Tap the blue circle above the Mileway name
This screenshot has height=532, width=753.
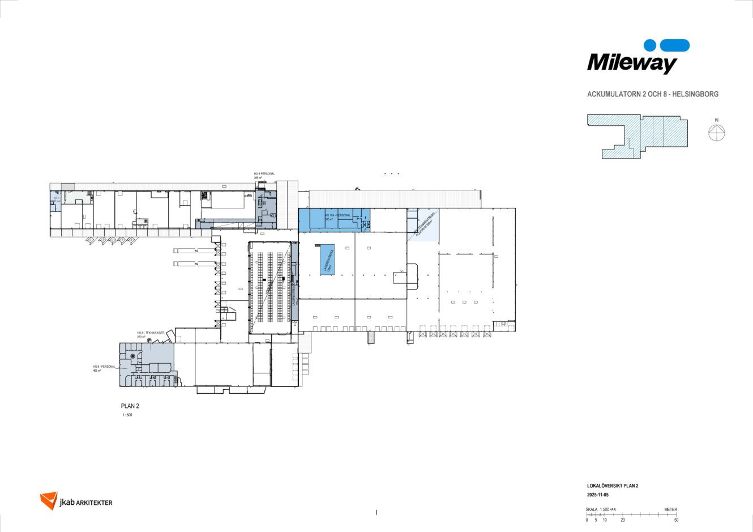(x=650, y=45)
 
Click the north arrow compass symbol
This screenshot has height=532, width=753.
(x=716, y=133)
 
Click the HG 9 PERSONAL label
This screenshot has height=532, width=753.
(x=264, y=173)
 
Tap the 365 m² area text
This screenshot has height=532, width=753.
(x=258, y=178)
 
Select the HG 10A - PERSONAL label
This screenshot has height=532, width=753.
(x=339, y=216)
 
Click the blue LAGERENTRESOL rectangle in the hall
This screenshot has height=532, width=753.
(x=327, y=261)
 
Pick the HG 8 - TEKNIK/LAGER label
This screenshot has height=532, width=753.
(x=151, y=333)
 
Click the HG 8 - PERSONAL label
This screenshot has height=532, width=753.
(x=104, y=367)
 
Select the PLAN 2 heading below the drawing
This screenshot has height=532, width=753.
(x=130, y=406)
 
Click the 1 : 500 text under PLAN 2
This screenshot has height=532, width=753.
(x=128, y=415)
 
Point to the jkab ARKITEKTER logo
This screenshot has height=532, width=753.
(x=76, y=501)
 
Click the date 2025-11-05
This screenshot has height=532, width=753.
(x=598, y=495)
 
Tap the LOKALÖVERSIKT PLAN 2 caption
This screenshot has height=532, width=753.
(x=613, y=486)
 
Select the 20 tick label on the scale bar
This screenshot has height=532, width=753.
(x=623, y=520)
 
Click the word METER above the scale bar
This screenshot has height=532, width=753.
(x=670, y=510)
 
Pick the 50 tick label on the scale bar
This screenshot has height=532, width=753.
(x=676, y=520)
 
